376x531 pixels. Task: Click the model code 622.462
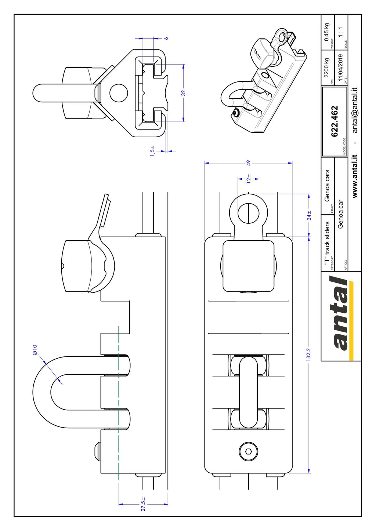pyautogui.click(x=334, y=121)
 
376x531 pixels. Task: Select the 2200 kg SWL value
pyautogui.click(x=327, y=67)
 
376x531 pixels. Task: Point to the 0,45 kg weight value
pyautogui.click(x=327, y=32)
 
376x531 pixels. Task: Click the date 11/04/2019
pyautogui.click(x=340, y=67)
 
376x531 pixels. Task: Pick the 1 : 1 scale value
pyautogui.click(x=341, y=32)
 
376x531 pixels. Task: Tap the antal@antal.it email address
pyautogui.click(x=355, y=110)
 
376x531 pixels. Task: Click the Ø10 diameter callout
pyautogui.click(x=35, y=350)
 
